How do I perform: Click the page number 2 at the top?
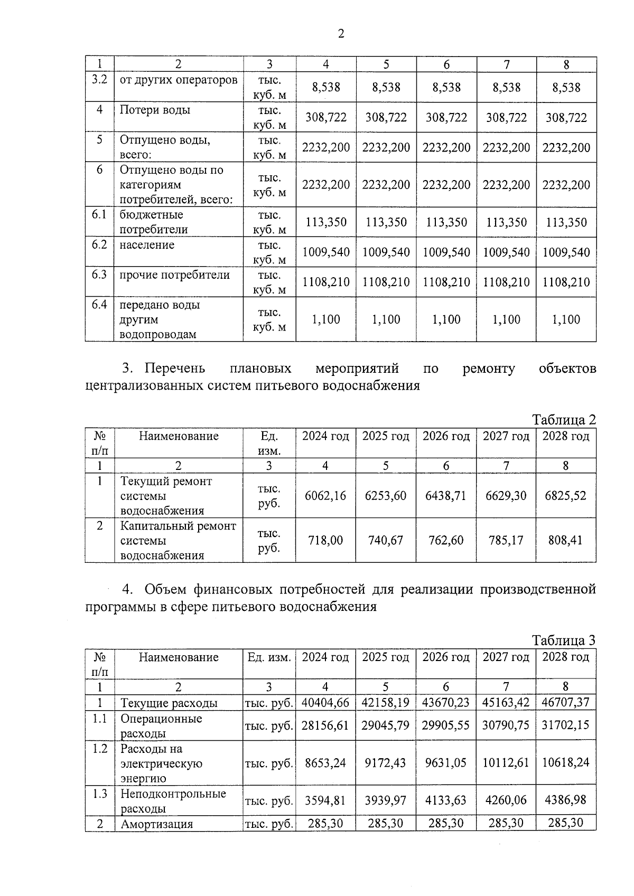341,34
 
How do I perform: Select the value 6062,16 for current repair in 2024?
325,496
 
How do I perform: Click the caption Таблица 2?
564,420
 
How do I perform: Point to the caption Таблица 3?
564,640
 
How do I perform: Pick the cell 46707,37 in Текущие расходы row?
565,703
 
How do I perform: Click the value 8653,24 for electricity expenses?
325,763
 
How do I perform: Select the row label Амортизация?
156,824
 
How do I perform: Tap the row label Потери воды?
155,110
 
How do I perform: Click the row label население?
146,245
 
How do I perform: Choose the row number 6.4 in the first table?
99,305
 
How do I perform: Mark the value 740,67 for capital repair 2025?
386,541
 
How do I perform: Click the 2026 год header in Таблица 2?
446,436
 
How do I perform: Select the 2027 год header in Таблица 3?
506,657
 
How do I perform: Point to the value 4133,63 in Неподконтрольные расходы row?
446,800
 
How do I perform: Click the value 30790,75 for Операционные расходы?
506,725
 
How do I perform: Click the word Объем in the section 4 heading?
165,589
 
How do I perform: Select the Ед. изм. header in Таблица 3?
269,657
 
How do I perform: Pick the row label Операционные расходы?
161,726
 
